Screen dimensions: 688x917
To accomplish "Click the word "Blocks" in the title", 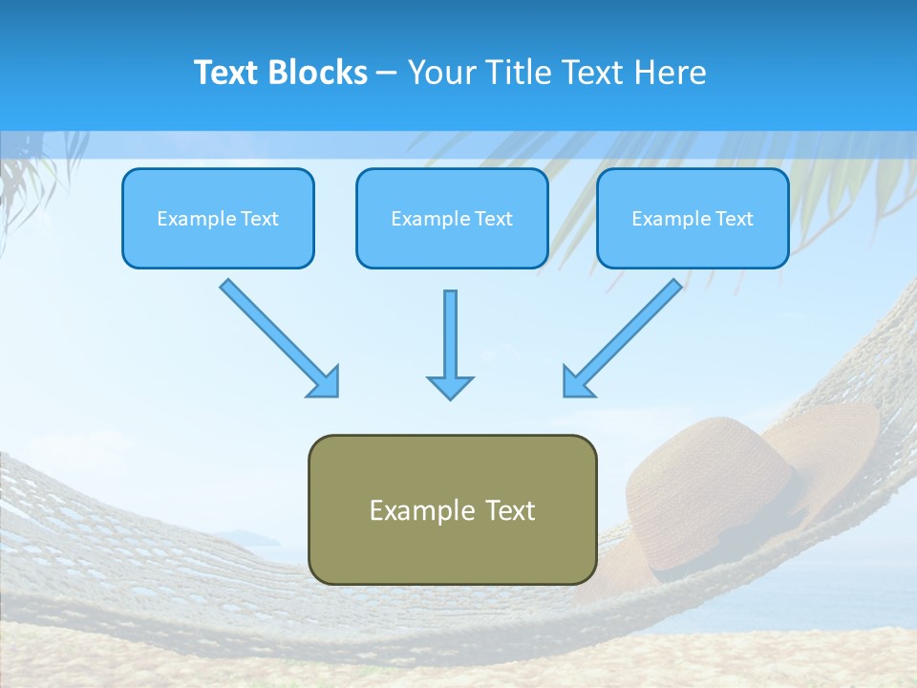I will pos(320,73).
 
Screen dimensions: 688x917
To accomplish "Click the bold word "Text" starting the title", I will pos(230,73).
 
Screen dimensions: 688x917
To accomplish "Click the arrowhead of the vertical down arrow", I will pos(450,387).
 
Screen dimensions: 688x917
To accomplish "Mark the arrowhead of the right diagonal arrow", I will pos(577,382).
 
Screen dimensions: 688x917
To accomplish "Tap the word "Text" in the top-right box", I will pos(735,219).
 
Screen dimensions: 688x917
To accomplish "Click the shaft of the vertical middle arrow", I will pos(450,330).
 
